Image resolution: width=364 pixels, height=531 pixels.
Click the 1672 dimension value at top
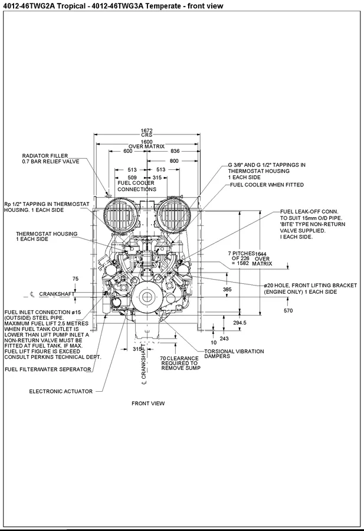point(146,130)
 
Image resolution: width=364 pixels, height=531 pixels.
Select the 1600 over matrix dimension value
point(146,142)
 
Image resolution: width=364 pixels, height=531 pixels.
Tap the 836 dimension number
point(175,151)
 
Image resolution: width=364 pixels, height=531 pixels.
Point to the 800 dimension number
point(174,160)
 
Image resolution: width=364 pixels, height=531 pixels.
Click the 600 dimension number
point(127,151)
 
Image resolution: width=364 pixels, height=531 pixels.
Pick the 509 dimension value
point(132,177)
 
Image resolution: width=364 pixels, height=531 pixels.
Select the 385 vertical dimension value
point(227,290)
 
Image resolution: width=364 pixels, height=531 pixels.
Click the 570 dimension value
point(288,310)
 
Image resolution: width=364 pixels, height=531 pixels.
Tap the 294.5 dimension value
point(240,323)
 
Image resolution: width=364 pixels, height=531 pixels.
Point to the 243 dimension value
point(224,338)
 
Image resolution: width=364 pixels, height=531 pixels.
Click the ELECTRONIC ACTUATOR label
point(61,391)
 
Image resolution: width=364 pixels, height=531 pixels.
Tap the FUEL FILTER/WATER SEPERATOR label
point(48,369)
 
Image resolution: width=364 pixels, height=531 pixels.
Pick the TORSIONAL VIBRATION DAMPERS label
point(234,354)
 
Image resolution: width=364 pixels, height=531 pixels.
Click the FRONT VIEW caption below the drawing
point(148,404)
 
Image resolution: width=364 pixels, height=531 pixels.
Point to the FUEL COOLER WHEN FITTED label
point(267,185)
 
